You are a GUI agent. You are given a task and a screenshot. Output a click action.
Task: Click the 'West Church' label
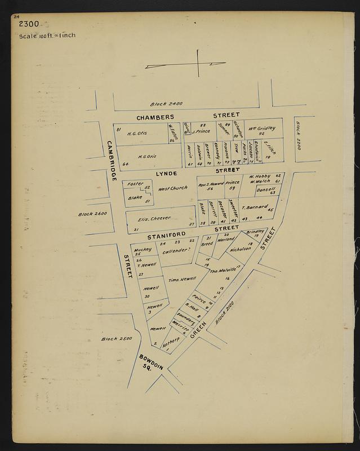172,188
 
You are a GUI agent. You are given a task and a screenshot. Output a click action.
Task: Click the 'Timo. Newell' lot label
182,279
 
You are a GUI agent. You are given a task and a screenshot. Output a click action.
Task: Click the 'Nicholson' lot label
240,248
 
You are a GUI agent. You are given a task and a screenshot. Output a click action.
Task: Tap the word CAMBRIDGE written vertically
110,160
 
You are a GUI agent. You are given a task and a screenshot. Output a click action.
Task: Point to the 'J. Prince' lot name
201,131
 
